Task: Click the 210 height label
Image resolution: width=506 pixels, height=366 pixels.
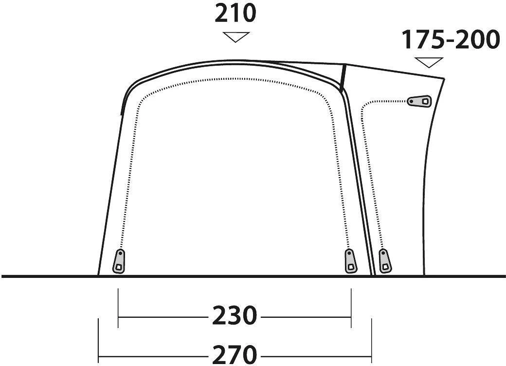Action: click(235, 14)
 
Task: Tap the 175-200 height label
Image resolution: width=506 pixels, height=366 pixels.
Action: click(451, 40)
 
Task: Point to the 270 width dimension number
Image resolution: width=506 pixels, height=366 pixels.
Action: click(235, 354)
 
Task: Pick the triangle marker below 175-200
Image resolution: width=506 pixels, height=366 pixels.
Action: click(429, 62)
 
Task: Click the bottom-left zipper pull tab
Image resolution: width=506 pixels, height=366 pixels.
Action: click(119, 261)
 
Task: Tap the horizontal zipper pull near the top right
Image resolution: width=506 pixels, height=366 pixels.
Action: click(419, 101)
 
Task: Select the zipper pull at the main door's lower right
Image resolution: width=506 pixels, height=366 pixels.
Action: click(350, 261)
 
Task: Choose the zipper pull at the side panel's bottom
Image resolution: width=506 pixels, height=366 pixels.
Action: click(385, 261)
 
